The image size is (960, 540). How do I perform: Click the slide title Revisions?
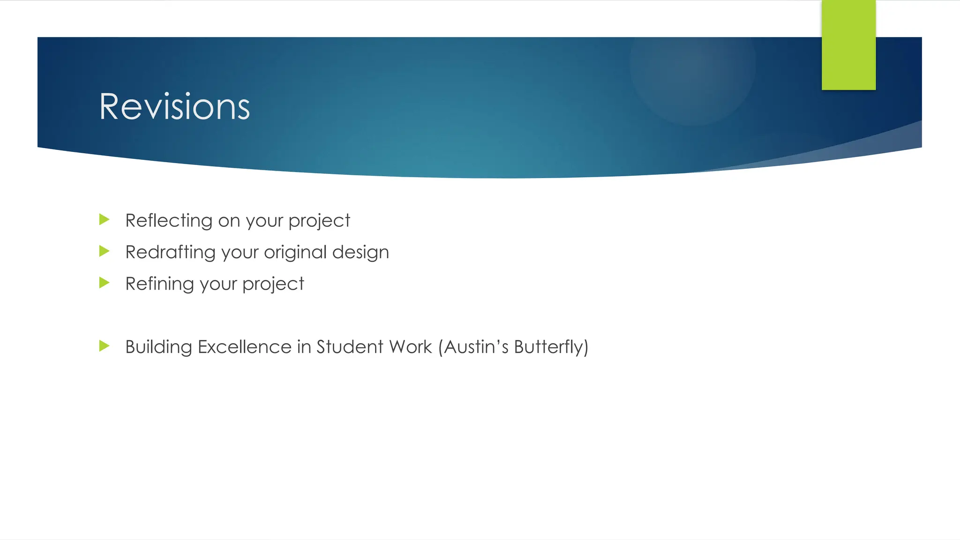(x=174, y=107)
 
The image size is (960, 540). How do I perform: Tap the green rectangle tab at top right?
(x=848, y=45)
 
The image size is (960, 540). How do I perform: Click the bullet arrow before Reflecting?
(x=104, y=219)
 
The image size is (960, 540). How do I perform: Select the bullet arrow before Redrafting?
(x=104, y=251)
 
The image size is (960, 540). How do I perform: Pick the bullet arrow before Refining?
(x=104, y=283)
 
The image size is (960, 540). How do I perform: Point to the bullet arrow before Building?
(x=104, y=346)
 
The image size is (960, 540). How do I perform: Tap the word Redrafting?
(x=170, y=252)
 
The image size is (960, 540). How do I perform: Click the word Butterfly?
(x=548, y=347)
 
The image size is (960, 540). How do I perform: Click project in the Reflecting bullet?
(x=319, y=221)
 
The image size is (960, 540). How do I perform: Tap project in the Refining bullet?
(x=273, y=284)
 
